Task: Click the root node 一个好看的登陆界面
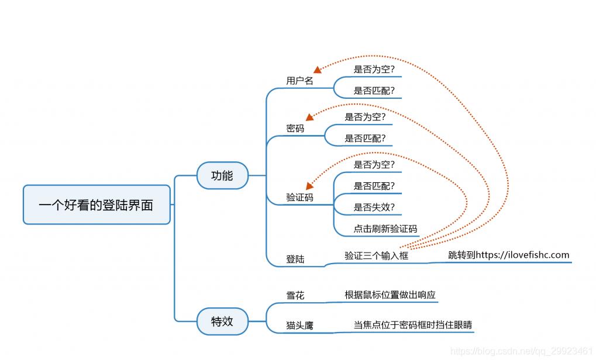point(97,205)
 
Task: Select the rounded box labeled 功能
point(222,175)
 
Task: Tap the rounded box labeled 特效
point(222,321)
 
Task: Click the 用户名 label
point(299,81)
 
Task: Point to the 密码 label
point(295,128)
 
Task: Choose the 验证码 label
point(299,198)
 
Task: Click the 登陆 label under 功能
point(295,259)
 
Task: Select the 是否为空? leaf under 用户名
point(374,70)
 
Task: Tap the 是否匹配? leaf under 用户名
point(374,91)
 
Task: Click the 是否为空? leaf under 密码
point(365,117)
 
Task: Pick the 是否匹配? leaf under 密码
point(365,139)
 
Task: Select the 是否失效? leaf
point(374,207)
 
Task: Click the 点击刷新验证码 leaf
point(385,229)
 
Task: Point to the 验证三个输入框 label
point(376,255)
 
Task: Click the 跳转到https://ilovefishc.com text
point(508,255)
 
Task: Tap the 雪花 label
point(295,296)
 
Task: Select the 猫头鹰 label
point(299,325)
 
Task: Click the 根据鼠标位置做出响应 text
point(390,295)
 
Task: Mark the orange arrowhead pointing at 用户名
point(318,70)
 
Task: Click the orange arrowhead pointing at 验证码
point(309,186)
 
